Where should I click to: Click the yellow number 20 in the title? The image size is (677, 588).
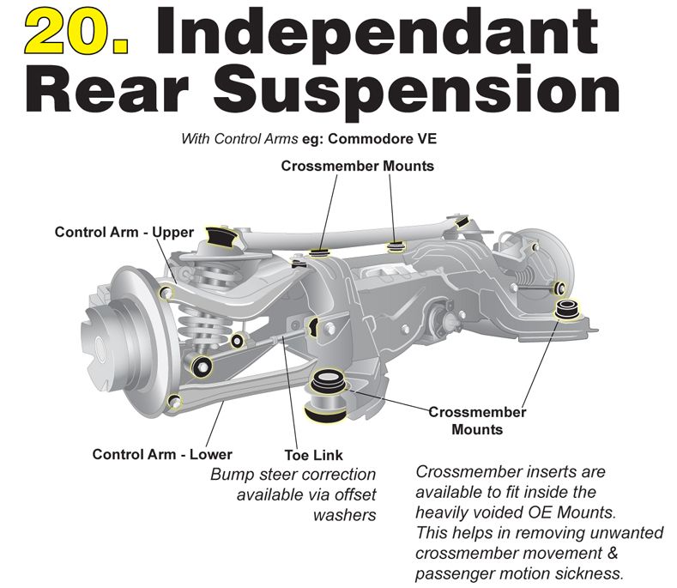[77, 32]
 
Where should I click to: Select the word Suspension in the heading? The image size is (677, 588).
[417, 91]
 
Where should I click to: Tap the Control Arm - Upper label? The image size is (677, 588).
[124, 232]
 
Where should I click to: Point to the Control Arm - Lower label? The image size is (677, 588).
[162, 454]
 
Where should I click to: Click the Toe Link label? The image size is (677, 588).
[313, 455]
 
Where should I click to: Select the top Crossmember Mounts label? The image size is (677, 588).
[358, 166]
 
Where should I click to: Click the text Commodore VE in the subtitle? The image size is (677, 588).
[383, 139]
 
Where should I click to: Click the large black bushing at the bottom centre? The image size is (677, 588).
[325, 396]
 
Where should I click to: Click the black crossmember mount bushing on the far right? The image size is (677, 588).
[567, 309]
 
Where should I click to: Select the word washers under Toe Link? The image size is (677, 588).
[345, 515]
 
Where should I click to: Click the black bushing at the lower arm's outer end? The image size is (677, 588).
[202, 367]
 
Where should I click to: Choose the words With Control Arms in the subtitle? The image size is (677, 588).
[239, 139]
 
